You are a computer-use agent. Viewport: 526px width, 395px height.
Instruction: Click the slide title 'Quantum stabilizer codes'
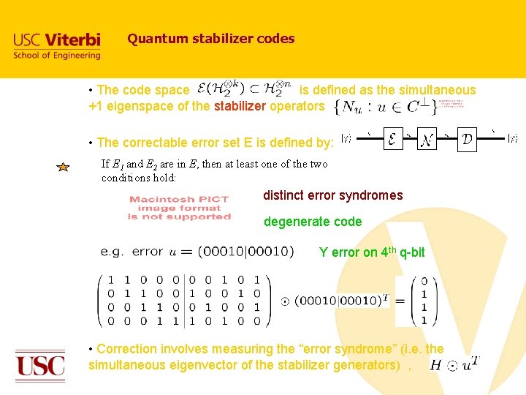pyautogui.click(x=210, y=39)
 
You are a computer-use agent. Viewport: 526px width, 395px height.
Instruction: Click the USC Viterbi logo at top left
pyautogui.click(x=57, y=45)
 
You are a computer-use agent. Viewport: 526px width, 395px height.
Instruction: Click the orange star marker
pyautogui.click(x=63, y=168)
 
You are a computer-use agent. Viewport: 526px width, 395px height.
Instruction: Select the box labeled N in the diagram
pyautogui.click(x=427, y=138)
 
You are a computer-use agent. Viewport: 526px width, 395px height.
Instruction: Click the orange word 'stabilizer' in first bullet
pyautogui.click(x=240, y=106)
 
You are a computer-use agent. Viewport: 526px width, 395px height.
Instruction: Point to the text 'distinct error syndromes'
pyautogui.click(x=332, y=195)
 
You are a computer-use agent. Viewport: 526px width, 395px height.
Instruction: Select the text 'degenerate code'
pyautogui.click(x=312, y=222)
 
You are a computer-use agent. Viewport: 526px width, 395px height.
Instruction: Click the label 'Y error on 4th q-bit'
pyautogui.click(x=371, y=252)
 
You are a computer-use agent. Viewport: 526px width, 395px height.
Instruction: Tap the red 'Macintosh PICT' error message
pyautogui.click(x=179, y=208)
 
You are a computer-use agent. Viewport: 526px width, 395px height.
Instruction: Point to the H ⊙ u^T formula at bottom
pyautogui.click(x=454, y=364)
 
